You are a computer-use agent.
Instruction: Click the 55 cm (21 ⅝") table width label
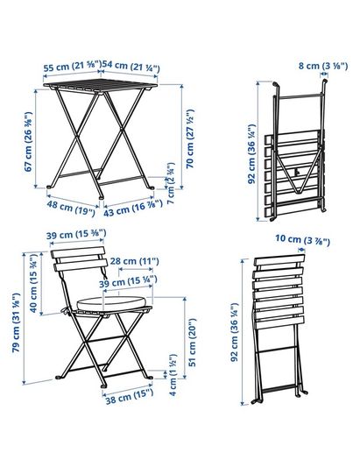73,66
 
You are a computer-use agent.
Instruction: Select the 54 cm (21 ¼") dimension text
131,67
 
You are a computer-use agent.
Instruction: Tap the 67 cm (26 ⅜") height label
28,142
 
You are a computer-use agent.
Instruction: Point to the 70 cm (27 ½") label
190,138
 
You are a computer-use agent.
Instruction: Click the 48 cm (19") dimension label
71,209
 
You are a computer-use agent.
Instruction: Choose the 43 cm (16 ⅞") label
133,208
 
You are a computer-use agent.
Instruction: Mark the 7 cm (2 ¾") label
171,183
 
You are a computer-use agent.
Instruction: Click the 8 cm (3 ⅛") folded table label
323,67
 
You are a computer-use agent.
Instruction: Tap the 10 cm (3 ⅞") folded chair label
302,240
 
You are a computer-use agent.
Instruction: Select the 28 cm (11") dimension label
135,261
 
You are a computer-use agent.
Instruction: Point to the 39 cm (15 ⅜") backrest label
76,235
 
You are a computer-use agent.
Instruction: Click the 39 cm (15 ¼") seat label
128,282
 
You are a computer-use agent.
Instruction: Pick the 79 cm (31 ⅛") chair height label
17,322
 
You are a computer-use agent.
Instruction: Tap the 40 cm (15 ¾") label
34,283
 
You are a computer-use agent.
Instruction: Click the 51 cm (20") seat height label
192,343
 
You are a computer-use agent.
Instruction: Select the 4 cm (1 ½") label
173,375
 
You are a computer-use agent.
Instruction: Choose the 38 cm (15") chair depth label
130,396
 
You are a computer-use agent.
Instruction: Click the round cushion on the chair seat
111,303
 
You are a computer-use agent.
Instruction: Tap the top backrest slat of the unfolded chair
78,252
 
